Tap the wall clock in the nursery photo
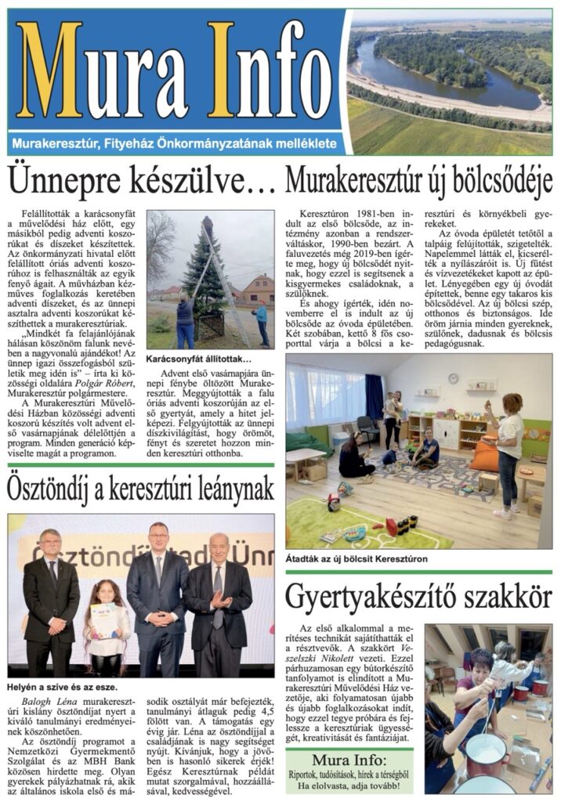pos(454,378)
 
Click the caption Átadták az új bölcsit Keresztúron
pos(357,559)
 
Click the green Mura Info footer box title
pos(349,760)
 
